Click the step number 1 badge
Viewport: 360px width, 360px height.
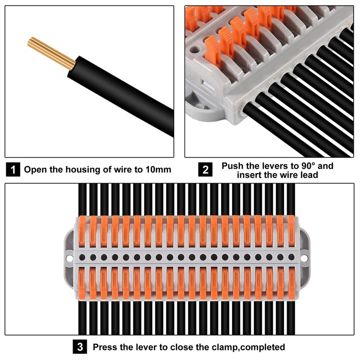pyautogui.click(x=13, y=170)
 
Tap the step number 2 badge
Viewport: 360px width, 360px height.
pyautogui.click(x=206, y=170)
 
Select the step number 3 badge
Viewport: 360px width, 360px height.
pyautogui.click(x=80, y=347)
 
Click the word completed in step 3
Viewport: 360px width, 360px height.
pyautogui.click(x=262, y=347)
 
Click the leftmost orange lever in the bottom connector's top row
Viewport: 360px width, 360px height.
pyautogui.click(x=83, y=231)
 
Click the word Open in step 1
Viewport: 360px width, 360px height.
pyautogui.click(x=34, y=170)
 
